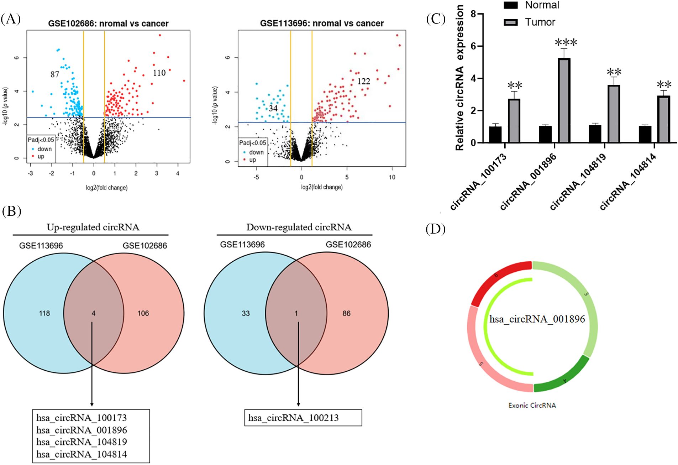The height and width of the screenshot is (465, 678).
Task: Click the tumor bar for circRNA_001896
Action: click(564, 100)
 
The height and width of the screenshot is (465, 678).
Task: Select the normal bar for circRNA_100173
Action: click(495, 134)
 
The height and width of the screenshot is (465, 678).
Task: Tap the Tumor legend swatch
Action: click(511, 22)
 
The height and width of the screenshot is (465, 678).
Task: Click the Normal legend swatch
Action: click(511, 5)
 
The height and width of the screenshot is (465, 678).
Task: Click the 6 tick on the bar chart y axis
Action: click(474, 46)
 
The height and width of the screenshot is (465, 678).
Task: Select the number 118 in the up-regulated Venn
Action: click(44, 313)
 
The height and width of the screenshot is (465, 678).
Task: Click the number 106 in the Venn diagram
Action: click(143, 313)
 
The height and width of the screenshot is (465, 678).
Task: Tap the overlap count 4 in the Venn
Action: click(94, 313)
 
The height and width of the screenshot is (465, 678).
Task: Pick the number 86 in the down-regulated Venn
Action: click(346, 313)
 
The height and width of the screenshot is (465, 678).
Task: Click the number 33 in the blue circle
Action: click(246, 313)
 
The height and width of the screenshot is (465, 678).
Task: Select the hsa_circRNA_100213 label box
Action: click(303, 418)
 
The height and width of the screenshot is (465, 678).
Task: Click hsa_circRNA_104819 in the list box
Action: click(82, 442)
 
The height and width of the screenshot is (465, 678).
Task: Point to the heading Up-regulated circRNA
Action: click(93, 227)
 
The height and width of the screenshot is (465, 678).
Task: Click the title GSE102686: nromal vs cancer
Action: click(108, 23)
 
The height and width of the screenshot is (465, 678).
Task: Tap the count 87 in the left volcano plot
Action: click(54, 74)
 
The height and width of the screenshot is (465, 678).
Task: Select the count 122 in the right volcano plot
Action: click(363, 82)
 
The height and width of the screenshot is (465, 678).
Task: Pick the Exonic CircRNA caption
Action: click(532, 405)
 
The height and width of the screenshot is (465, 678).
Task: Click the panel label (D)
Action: click(435, 229)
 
